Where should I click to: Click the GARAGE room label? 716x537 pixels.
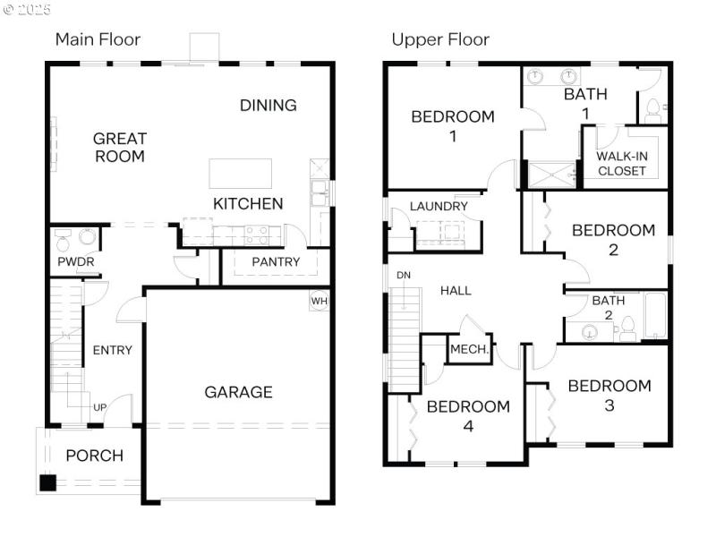[x=238, y=392]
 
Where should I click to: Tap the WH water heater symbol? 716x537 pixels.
[x=320, y=301]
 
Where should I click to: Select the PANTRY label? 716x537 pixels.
[x=276, y=262]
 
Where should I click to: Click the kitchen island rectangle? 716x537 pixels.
[x=240, y=173]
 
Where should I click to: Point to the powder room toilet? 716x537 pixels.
[x=64, y=241]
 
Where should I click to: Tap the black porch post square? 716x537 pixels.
[x=47, y=483]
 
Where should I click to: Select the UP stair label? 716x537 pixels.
[x=100, y=408]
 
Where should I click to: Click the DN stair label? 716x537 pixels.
[x=404, y=275]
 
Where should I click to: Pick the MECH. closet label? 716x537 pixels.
[x=469, y=350]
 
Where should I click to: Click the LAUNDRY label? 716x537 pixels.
[x=439, y=206]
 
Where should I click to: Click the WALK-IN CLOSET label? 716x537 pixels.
[x=622, y=164]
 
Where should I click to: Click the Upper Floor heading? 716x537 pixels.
[x=439, y=39]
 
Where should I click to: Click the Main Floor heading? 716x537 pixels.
[x=98, y=39]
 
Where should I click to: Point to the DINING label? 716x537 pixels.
[x=268, y=105]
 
